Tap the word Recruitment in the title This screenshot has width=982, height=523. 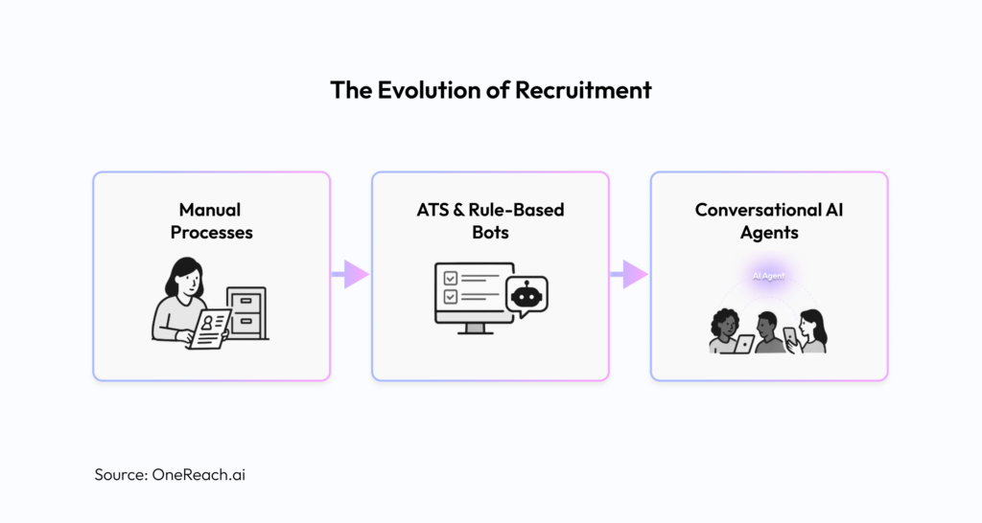tap(584, 90)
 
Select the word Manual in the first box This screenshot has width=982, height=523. tap(210, 209)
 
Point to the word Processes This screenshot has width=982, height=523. tap(210, 233)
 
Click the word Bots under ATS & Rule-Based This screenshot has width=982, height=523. tap(489, 233)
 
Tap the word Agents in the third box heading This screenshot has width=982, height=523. tap(769, 233)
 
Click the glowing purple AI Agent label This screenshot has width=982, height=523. tap(767, 275)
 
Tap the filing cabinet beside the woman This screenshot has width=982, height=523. tap(246, 310)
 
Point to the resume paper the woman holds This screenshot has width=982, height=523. tap(210, 328)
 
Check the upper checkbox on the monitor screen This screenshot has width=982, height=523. tap(447, 278)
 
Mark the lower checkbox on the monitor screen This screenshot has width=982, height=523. tap(447, 297)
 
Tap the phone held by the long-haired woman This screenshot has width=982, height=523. tap(789, 335)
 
